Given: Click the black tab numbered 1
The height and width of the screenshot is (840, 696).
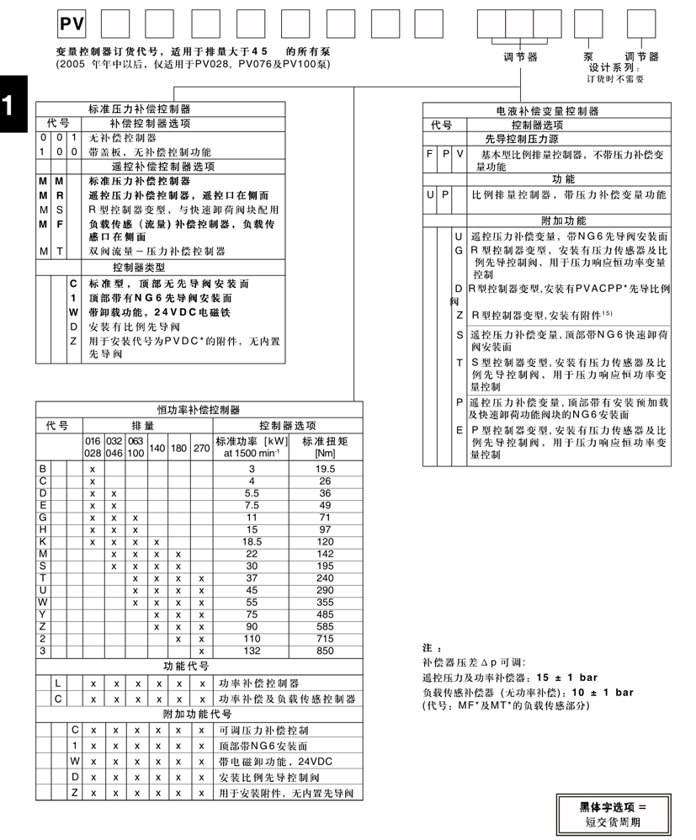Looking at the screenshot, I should click(8, 104).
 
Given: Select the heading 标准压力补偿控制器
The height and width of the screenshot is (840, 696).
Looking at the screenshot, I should click(140, 109).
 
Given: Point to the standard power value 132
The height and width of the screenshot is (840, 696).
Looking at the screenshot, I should click(250, 651).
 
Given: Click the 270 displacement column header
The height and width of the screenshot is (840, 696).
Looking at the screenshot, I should click(202, 449).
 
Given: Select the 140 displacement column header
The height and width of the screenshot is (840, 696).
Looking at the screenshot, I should click(157, 449).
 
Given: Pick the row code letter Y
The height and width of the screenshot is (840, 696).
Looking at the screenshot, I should click(43, 615).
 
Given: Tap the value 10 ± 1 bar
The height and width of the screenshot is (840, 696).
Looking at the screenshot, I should click(598, 692).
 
